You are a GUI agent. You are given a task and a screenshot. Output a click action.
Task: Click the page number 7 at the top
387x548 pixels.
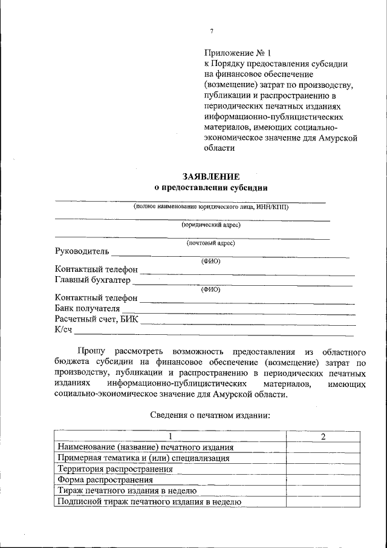(212, 31)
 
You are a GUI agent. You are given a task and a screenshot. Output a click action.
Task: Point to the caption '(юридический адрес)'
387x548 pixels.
(211, 225)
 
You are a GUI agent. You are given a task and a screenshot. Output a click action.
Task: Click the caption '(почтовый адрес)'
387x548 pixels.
(210, 243)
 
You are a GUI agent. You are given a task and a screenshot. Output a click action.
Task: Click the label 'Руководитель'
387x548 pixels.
(81, 251)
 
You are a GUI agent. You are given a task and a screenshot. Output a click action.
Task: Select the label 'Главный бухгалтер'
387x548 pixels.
(93, 280)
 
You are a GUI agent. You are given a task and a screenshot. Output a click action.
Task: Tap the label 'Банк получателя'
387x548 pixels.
(87, 308)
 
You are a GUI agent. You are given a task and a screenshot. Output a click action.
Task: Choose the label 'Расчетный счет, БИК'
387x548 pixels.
(96, 319)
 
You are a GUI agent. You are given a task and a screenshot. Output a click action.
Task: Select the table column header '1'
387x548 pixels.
(170, 437)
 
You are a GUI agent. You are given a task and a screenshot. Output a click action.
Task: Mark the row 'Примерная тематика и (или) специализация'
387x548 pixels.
(143, 458)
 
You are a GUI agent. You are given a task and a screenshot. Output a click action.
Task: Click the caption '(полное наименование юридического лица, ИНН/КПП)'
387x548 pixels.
(211, 206)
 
